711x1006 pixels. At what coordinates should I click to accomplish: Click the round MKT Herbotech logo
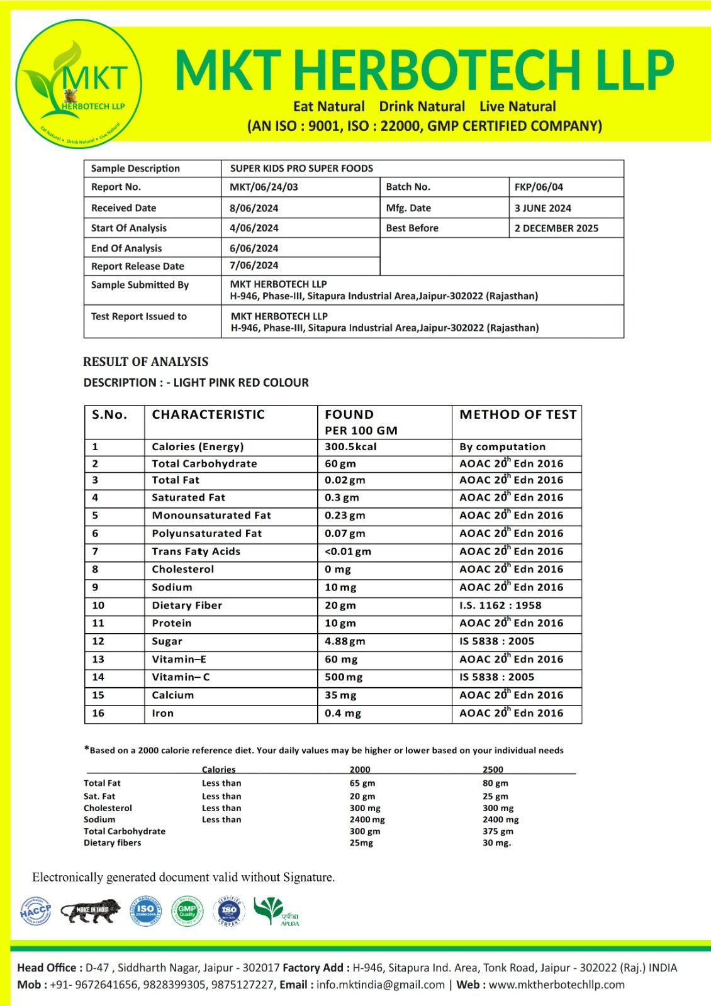[x=79, y=84]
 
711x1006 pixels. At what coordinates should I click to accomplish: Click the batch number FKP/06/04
[x=539, y=187]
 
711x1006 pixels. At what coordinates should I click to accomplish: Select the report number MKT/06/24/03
[x=264, y=187]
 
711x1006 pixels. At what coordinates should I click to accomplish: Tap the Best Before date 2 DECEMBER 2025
[x=556, y=228]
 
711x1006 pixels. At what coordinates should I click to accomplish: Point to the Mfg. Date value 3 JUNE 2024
[x=542, y=208]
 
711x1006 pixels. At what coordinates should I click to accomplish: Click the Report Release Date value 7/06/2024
[x=254, y=265]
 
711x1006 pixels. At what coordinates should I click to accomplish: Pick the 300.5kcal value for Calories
[x=350, y=447]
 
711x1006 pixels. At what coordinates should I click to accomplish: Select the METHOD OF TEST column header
[x=517, y=415]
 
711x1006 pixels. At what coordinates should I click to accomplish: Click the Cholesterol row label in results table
[x=182, y=569]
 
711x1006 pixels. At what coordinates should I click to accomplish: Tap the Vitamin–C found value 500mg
[x=344, y=677]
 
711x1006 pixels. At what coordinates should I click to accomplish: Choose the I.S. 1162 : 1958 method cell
[x=500, y=605]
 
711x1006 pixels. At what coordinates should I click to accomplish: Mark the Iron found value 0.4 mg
[x=342, y=714]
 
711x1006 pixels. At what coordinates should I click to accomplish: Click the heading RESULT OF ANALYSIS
[x=145, y=362]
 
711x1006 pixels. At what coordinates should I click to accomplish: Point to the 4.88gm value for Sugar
[x=345, y=641]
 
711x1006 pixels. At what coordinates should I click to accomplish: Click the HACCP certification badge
[x=35, y=911]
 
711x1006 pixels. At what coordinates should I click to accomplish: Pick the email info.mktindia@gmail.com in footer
[x=380, y=985]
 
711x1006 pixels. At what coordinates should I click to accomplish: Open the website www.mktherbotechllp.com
[x=556, y=985]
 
